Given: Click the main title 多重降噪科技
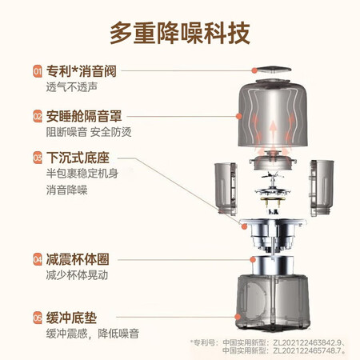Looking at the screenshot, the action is pyautogui.click(x=180, y=33).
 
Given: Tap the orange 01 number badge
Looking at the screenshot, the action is pyautogui.click(x=38, y=71).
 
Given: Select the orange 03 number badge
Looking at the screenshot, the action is pyautogui.click(x=38, y=158).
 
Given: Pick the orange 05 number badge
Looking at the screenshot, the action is pyautogui.click(x=38, y=318).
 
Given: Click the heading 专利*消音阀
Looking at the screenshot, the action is pyautogui.click(x=82, y=71).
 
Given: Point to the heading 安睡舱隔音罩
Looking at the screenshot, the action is pyautogui.click(x=84, y=116).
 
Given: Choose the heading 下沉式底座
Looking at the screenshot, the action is pyautogui.click(x=78, y=158).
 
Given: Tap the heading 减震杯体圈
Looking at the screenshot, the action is pyautogui.click(x=78, y=259).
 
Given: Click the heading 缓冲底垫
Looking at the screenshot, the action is pyautogui.click(x=71, y=318).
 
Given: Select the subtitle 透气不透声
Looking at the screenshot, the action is pyautogui.click(x=72, y=87).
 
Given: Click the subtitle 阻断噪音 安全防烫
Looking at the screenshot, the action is pyautogui.click(x=89, y=132).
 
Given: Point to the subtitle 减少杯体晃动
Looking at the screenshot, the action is pyautogui.click(x=77, y=275).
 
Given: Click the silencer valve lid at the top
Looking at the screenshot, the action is pyautogui.click(x=272, y=70).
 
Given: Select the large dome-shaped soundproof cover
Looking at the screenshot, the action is pyautogui.click(x=273, y=114).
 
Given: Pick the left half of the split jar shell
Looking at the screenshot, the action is pyautogui.click(x=226, y=189).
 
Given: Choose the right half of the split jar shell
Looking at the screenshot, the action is pyautogui.click(x=322, y=188).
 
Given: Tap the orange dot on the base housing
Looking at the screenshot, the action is pyautogui.click(x=237, y=317).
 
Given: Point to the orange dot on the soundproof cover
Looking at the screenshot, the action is pyautogui.click(x=239, y=116).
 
